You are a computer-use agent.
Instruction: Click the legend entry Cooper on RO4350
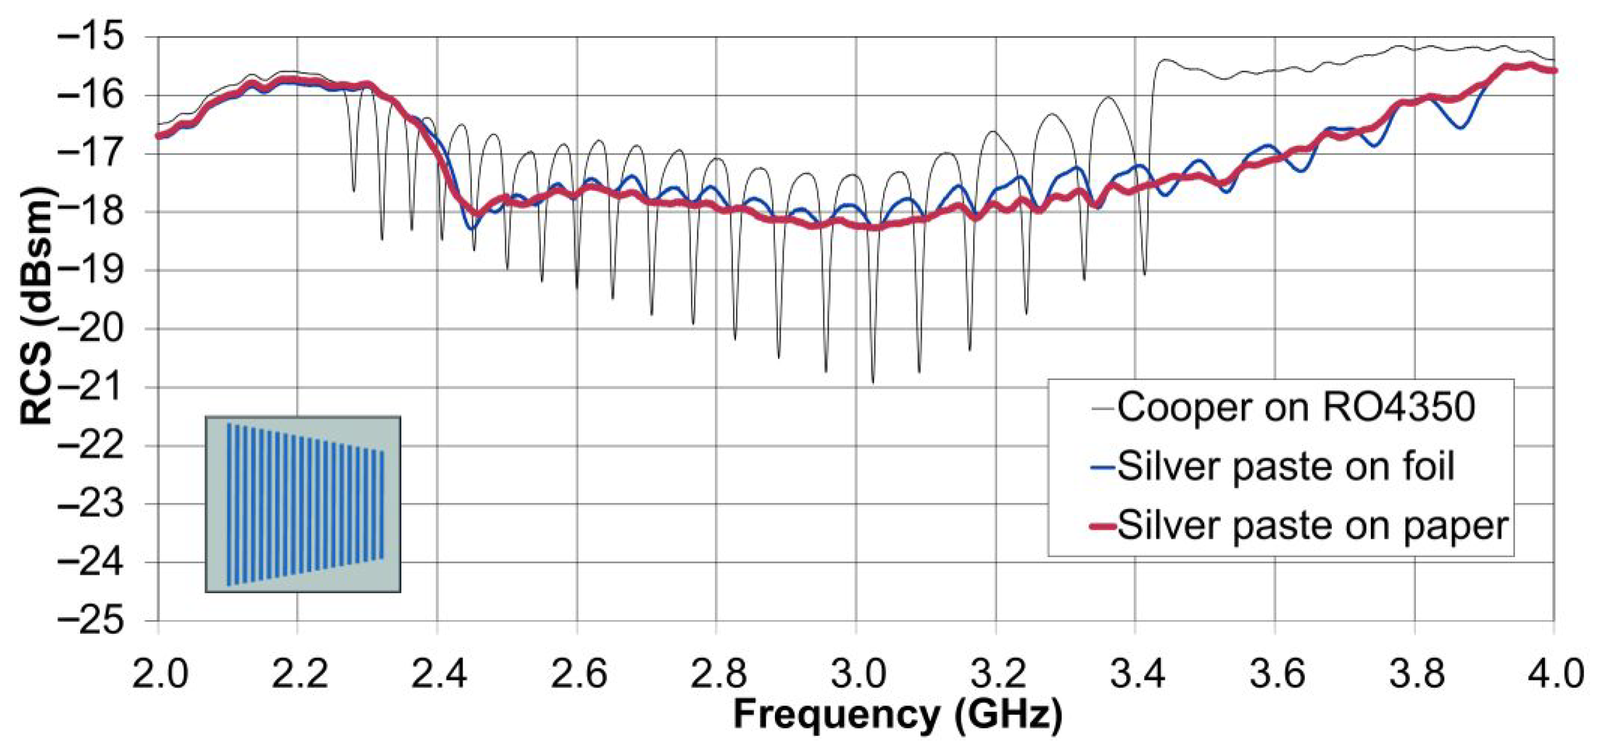1295,408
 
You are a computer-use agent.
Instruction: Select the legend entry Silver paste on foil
1286,467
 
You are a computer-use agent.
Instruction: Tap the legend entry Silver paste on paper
1312,526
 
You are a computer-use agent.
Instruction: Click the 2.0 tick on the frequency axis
159,673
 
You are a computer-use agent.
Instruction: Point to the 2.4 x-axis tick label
438,673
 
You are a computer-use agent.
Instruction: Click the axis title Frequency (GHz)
898,715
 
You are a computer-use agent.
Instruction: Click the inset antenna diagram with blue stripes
304,504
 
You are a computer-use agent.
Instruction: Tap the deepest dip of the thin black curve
873,381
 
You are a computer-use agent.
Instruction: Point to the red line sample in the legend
1103,526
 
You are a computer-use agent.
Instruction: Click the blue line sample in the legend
1103,468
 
